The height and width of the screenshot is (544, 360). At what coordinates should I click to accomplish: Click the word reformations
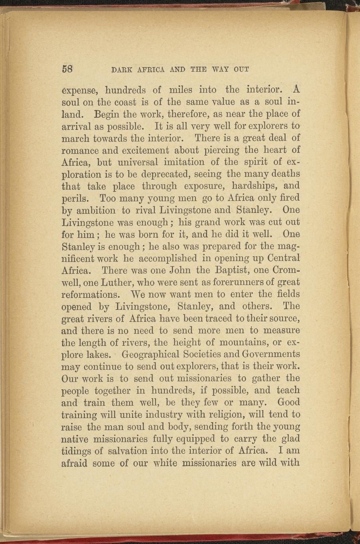coord(90,295)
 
